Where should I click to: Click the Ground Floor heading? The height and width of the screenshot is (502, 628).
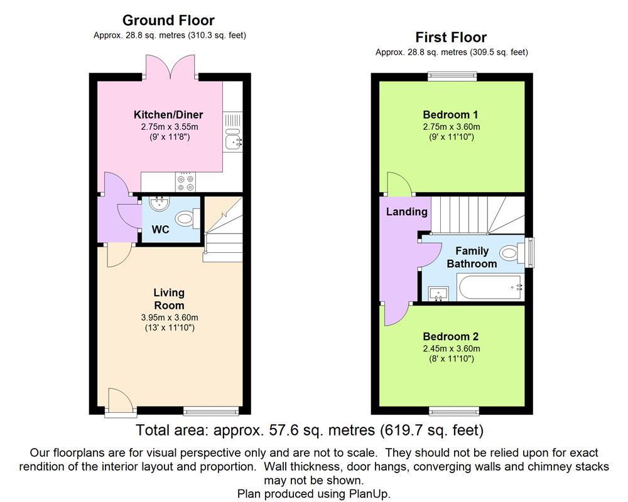(x=168, y=21)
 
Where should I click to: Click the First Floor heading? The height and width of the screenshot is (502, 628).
(x=451, y=37)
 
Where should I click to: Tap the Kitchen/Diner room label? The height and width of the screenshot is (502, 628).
(x=168, y=114)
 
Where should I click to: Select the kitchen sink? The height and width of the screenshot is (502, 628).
(x=233, y=142)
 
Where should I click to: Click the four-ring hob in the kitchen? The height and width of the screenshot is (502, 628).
(x=185, y=182)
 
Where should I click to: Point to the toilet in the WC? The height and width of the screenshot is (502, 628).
(x=187, y=219)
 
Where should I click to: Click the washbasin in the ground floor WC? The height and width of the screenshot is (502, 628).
(x=158, y=203)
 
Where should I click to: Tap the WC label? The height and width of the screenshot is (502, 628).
(x=161, y=230)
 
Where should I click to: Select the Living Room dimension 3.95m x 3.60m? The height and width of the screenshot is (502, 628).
(x=169, y=318)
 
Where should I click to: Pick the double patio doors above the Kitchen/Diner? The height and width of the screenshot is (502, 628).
(x=169, y=67)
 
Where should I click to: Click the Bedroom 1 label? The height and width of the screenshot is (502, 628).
(x=450, y=114)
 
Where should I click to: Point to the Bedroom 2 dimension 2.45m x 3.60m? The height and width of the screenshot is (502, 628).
(x=451, y=349)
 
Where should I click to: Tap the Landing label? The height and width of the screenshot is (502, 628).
(x=406, y=212)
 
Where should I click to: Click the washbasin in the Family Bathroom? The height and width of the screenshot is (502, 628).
(x=438, y=292)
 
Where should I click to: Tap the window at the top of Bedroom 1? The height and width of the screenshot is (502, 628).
(x=451, y=76)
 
